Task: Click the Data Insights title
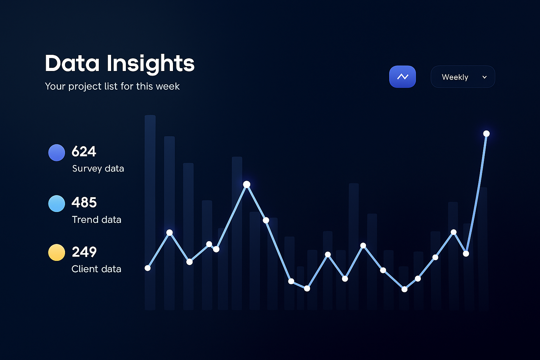(x=120, y=64)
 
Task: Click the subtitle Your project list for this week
(x=112, y=86)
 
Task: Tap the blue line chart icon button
(x=403, y=77)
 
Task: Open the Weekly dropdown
(x=463, y=77)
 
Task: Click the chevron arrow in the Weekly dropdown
(x=484, y=77)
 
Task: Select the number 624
(x=84, y=152)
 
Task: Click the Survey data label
(x=98, y=168)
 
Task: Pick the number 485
(x=84, y=202)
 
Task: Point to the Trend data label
(x=97, y=220)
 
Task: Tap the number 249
(x=84, y=252)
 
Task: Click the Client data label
(x=96, y=269)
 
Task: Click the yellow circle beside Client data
(x=57, y=252)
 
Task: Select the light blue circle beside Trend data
(x=57, y=204)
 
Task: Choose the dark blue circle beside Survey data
(x=57, y=153)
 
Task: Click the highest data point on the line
(x=486, y=134)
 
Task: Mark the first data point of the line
(x=148, y=268)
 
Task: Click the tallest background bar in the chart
(x=150, y=211)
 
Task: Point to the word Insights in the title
(x=150, y=64)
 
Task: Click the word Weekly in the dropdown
(x=455, y=77)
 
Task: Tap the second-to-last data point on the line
(x=466, y=253)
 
